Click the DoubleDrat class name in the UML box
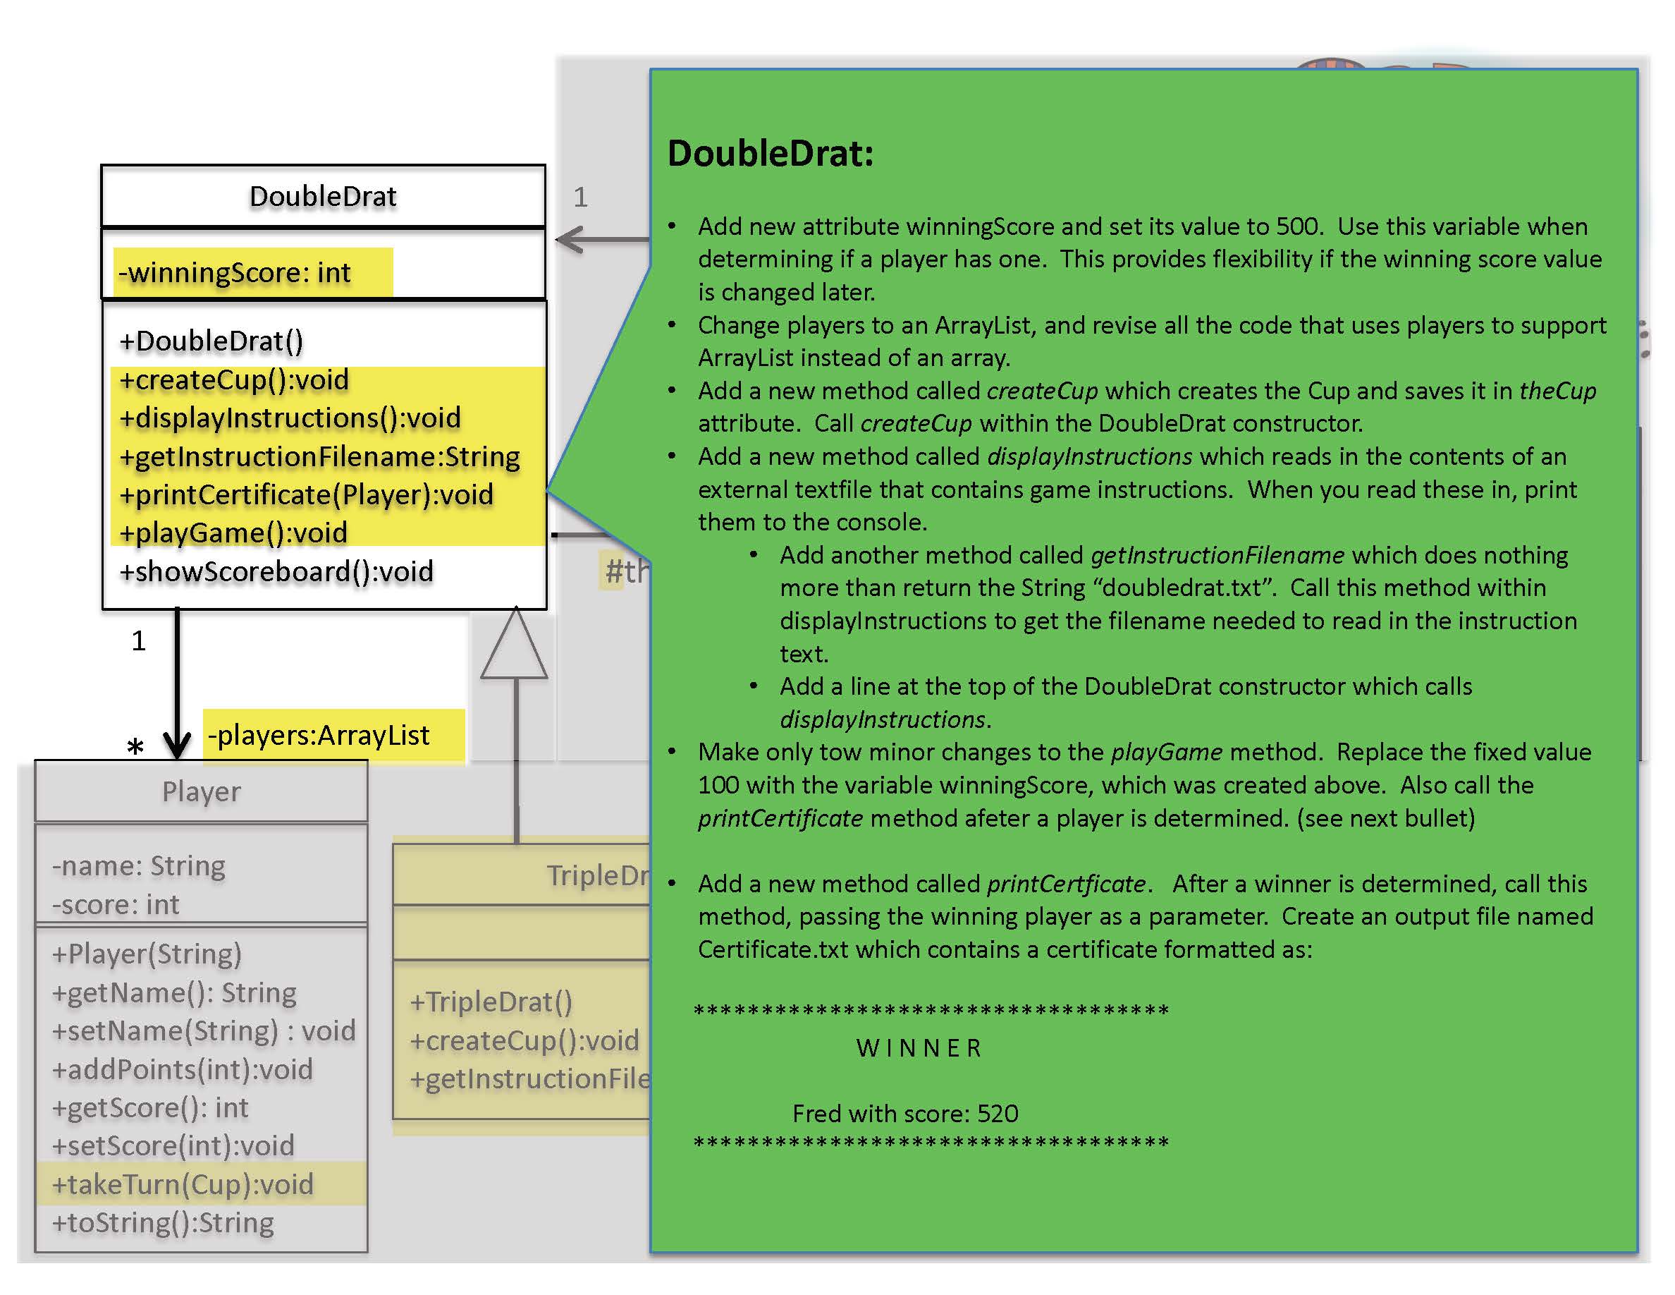coord(323,196)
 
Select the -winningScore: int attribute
coord(235,272)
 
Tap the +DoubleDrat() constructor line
coord(211,341)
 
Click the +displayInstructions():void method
coord(290,418)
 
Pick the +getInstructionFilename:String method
coord(319,456)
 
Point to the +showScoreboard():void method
coord(276,571)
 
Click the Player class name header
coord(201,791)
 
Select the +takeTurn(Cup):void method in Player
coord(183,1184)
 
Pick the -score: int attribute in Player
coord(116,904)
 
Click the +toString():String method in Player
coord(163,1222)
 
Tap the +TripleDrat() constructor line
coord(491,1002)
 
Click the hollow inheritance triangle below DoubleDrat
coord(515,648)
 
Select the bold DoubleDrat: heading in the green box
coord(770,154)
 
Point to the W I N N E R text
coord(918,1048)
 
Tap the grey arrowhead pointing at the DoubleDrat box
coord(569,239)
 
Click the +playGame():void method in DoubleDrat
coord(233,533)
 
